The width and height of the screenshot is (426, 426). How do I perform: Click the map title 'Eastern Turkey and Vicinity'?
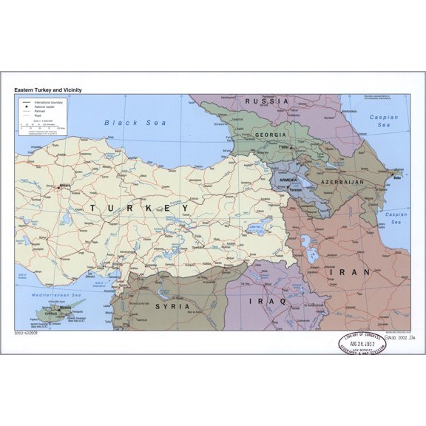(48, 89)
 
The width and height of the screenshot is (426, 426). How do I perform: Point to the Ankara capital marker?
(58, 186)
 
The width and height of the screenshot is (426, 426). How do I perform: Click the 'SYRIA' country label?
(172, 305)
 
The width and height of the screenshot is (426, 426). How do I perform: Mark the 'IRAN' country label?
(354, 271)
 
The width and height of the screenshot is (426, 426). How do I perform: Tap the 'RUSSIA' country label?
(267, 101)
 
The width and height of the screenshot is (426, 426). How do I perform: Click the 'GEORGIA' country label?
(271, 135)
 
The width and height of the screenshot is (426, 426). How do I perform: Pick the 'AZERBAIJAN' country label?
(341, 181)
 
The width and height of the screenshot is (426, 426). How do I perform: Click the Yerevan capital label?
(296, 189)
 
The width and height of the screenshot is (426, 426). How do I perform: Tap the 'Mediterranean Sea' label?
(52, 295)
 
